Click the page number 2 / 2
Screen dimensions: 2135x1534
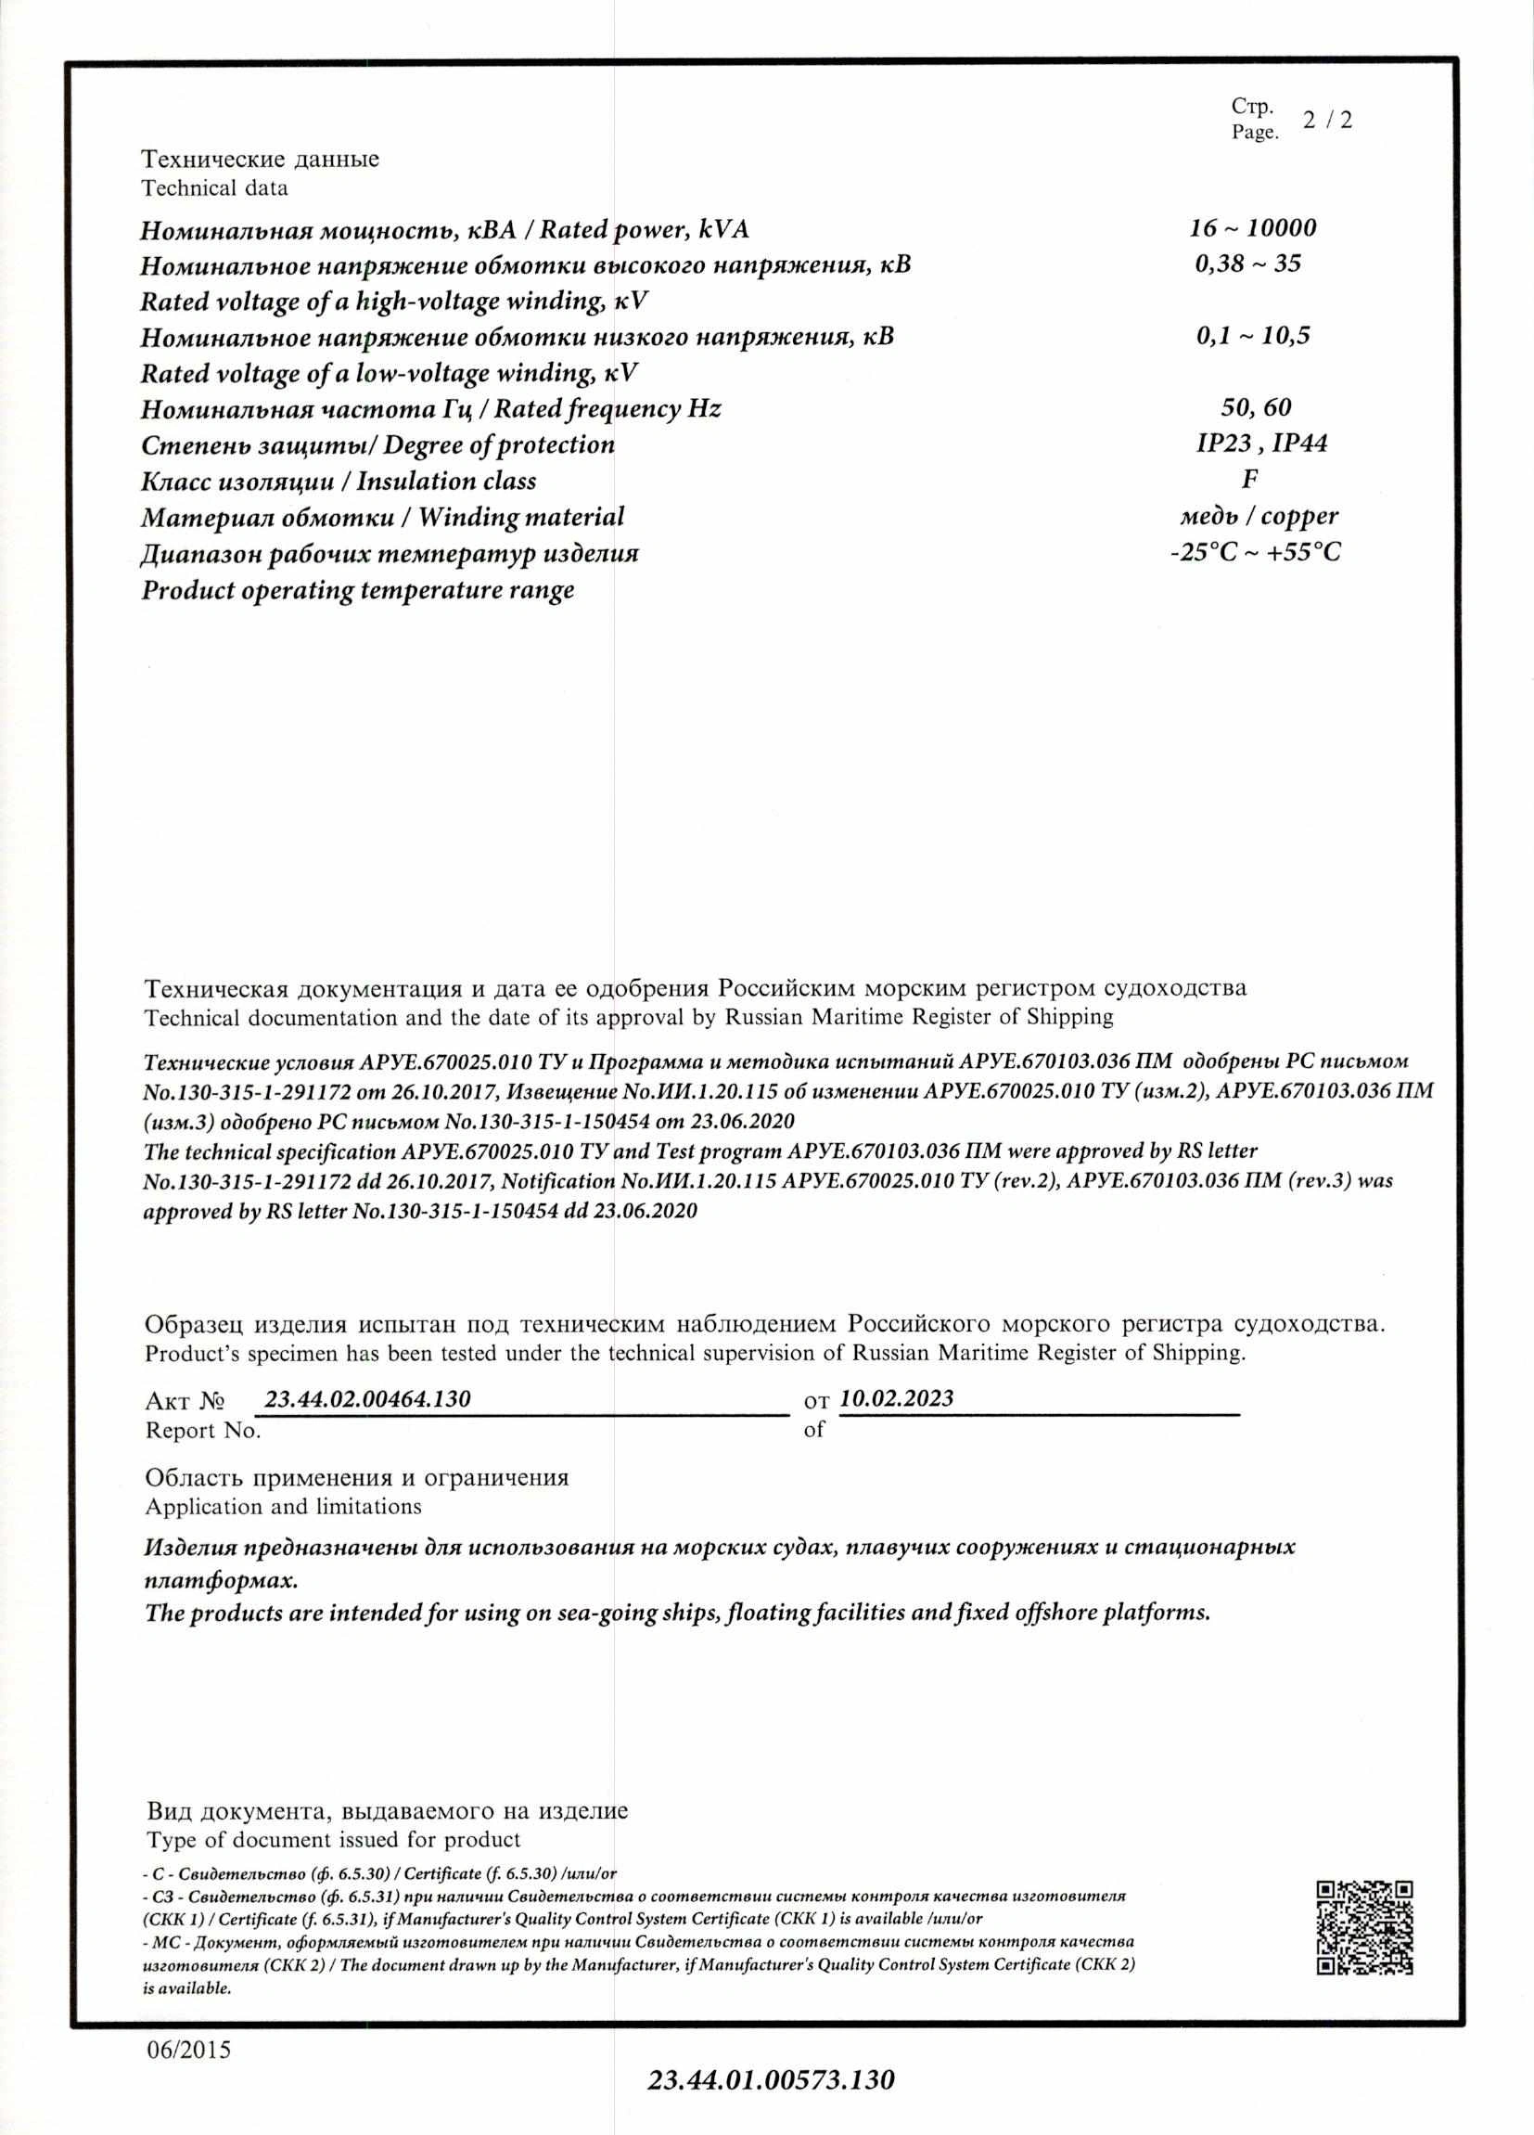click(x=1327, y=121)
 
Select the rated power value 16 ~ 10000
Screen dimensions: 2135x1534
click(x=1252, y=228)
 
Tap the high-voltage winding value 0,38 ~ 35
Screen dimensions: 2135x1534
click(x=1248, y=264)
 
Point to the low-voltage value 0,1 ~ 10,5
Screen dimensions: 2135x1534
click(x=1253, y=336)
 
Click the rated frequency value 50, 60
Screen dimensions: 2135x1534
click(x=1256, y=407)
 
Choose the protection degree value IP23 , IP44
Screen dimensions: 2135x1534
click(x=1262, y=444)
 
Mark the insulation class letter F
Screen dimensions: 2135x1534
click(x=1250, y=479)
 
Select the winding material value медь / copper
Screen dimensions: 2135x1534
click(x=1259, y=516)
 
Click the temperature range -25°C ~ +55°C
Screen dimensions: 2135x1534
click(x=1256, y=553)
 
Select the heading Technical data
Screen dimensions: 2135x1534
click(x=214, y=187)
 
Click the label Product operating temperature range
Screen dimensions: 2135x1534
click(x=358, y=591)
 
